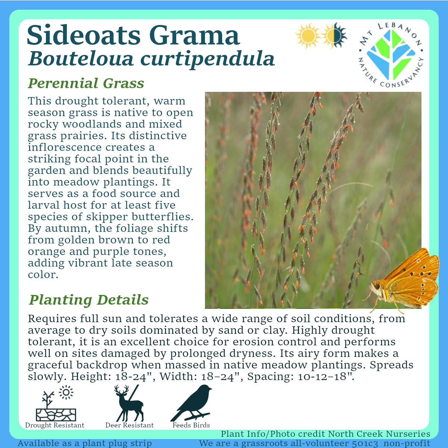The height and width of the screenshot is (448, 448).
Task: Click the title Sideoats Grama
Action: click(x=133, y=35)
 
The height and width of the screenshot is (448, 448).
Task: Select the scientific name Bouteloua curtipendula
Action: click(x=151, y=59)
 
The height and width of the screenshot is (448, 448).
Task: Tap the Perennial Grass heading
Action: click(x=86, y=83)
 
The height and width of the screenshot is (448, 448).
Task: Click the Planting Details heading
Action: click(x=89, y=300)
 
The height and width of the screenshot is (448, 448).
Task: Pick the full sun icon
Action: click(x=307, y=36)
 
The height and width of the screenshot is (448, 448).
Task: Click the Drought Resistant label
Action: click(x=55, y=425)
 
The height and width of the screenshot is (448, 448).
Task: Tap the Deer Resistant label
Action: click(x=129, y=425)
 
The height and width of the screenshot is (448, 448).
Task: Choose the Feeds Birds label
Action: click(x=191, y=425)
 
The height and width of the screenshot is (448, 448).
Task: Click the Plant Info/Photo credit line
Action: click(x=325, y=434)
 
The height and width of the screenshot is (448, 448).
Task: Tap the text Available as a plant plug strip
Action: click(x=85, y=444)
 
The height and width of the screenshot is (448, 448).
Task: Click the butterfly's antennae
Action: click(x=365, y=271)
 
